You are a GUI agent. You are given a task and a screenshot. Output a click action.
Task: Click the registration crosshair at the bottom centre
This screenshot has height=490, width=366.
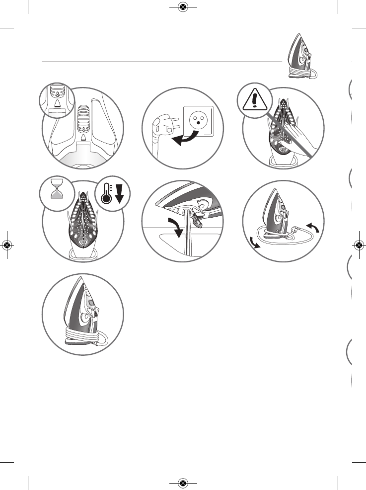(183, 483)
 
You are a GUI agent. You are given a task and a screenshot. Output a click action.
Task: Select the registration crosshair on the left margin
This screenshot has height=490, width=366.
(6, 245)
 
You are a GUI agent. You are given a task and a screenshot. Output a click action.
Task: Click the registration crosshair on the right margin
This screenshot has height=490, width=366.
(359, 245)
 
